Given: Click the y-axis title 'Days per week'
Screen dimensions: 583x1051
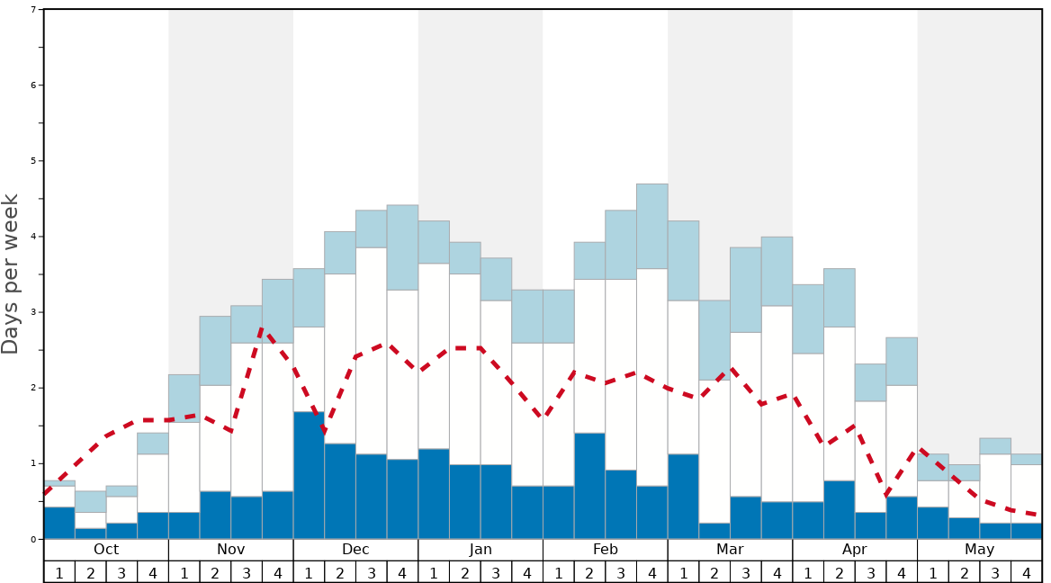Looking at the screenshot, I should pos(11,274).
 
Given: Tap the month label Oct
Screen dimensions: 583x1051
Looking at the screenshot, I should pos(106,550).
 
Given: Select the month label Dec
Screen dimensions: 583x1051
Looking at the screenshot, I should pos(355,550).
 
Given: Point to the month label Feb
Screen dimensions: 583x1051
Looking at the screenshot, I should pos(606,550).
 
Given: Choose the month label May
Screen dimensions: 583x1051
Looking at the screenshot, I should pos(980,550).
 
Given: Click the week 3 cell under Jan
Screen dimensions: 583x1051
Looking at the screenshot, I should pos(496,572).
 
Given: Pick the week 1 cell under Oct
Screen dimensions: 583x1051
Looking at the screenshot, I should pos(59,572).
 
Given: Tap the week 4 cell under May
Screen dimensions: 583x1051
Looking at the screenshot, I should pos(1027,572).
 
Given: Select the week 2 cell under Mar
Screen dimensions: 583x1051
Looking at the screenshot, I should pos(714,572).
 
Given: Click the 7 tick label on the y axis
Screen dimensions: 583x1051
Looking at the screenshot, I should pos(33,10).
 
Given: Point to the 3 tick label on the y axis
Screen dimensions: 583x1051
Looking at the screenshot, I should pos(33,312).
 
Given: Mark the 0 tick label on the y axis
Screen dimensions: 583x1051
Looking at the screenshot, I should pos(33,539).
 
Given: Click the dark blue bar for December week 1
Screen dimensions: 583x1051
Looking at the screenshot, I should pos(309,475).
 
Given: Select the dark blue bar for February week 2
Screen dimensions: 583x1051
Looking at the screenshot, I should pos(589,486).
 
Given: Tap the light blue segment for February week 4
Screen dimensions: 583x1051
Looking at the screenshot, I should pos(652,226).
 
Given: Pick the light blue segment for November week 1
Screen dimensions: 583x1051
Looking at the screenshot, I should pos(184,399).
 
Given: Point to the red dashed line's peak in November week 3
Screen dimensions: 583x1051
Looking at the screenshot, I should pos(261,330).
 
